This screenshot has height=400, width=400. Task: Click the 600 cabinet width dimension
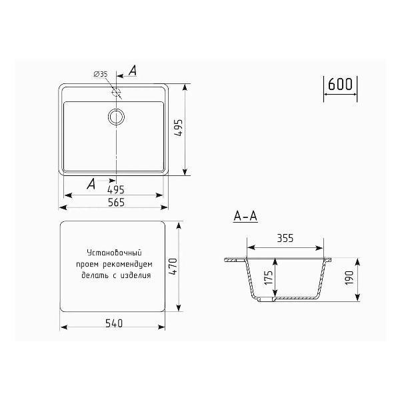[340, 84]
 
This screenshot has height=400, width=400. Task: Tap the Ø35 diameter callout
[101, 74]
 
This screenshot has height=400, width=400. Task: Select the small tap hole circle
[116, 91]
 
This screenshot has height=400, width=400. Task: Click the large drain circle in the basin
[116, 117]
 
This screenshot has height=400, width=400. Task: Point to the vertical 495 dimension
[179, 128]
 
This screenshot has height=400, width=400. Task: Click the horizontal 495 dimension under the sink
[116, 190]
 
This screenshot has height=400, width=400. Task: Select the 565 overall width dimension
[116, 202]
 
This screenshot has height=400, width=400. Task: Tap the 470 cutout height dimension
[173, 267]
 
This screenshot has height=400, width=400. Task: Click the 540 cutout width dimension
[114, 323]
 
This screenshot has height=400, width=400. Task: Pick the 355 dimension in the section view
[285, 238]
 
